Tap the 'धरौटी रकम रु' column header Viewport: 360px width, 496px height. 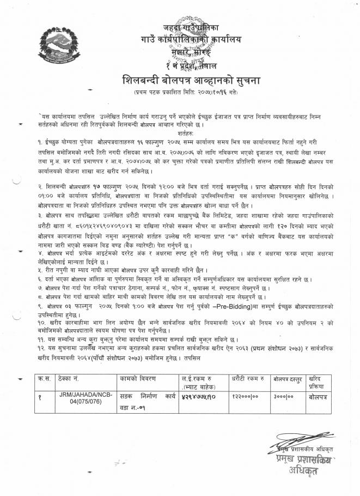click(x=244, y=378)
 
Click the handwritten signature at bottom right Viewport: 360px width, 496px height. click(x=302, y=440)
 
